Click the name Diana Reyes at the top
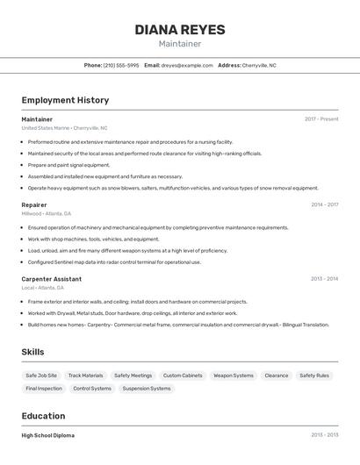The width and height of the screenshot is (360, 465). (x=180, y=29)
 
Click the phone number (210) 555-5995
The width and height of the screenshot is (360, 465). (x=121, y=65)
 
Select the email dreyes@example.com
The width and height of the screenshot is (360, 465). (x=187, y=65)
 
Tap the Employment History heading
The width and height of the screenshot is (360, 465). (x=65, y=100)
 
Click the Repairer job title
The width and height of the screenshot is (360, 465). (x=34, y=204)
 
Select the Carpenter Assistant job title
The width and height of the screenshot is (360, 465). (x=51, y=279)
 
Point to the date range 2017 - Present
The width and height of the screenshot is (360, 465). (x=321, y=119)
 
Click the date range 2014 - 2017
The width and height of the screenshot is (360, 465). (x=324, y=204)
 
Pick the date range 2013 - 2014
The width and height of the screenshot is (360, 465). (x=324, y=279)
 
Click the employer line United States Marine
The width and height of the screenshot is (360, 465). (x=45, y=128)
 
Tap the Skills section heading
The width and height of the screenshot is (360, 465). (x=32, y=352)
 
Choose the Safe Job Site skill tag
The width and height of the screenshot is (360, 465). (x=41, y=376)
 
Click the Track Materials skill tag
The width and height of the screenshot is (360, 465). (x=85, y=376)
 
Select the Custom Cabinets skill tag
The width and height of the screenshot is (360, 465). (x=183, y=376)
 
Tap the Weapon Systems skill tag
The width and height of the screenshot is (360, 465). (x=234, y=376)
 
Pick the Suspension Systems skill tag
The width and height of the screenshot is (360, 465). (x=147, y=388)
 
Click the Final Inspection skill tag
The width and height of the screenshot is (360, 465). (x=44, y=388)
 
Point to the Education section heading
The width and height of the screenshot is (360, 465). (x=43, y=416)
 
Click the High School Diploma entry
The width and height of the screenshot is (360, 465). (x=47, y=435)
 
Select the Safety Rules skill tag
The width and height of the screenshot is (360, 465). (x=314, y=376)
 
